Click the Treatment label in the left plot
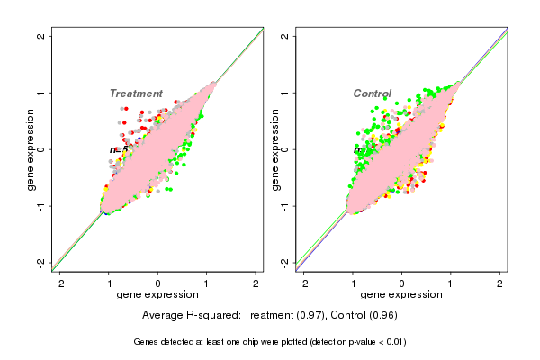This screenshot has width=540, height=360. [x=136, y=94]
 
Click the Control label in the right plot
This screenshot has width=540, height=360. [x=372, y=94]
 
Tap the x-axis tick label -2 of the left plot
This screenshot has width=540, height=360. [x=60, y=283]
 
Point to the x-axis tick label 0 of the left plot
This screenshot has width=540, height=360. [x=158, y=283]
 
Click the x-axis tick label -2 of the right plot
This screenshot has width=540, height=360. [x=304, y=283]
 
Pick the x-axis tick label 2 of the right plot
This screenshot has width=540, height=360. [x=499, y=283]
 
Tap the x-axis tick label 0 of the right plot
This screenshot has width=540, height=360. [x=402, y=283]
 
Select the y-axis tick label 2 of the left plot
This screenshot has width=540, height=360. [x=41, y=36]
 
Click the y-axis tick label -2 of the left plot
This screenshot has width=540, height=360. [x=41, y=262]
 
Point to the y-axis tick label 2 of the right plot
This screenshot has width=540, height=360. [x=285, y=36]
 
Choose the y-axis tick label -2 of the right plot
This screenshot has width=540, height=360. [x=285, y=262]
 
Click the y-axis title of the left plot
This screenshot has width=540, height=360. [x=31, y=149]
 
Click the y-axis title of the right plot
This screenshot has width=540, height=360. [x=274, y=149]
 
